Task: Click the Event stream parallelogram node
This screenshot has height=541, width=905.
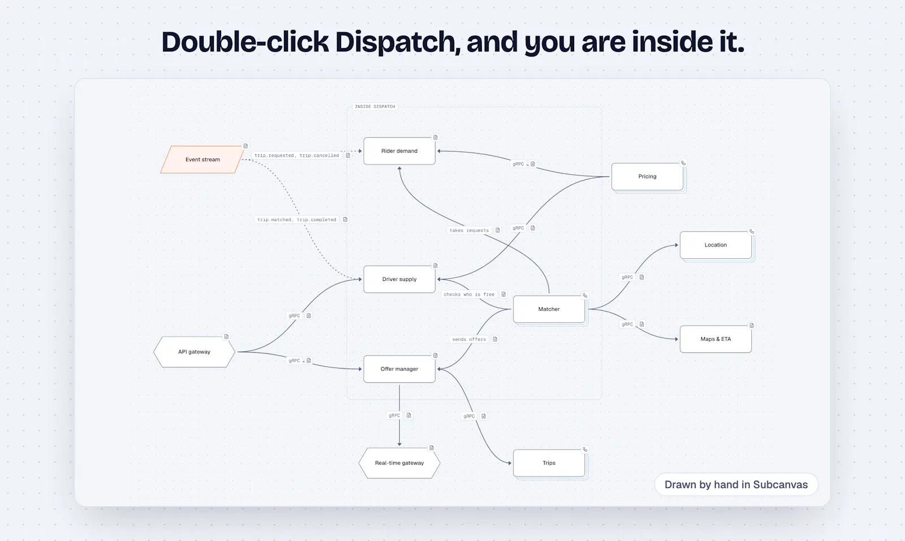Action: coord(202,159)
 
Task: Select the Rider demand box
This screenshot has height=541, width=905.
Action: coord(399,151)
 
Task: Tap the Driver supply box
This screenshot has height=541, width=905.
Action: coord(399,279)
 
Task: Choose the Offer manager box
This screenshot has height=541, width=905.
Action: coord(399,369)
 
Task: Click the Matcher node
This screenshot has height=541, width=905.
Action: coord(549,309)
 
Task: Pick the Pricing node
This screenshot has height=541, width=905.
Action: coord(647,176)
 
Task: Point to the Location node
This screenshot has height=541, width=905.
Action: coord(716,245)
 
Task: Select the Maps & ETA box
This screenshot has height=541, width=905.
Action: coord(716,339)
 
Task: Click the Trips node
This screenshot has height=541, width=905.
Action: coord(549,463)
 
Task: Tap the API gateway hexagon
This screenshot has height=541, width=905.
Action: coord(195,352)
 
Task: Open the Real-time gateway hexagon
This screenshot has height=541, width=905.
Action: coord(399,463)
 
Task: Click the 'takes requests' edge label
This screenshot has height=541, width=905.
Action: coord(469,230)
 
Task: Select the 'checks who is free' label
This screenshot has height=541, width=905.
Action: coord(469,295)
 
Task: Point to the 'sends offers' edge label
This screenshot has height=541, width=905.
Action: coord(469,339)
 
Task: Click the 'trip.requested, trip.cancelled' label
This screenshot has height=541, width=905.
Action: coord(296,155)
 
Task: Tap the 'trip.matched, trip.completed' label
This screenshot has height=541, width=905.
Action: coord(296,220)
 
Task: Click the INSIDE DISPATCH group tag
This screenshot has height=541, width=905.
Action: coord(375,107)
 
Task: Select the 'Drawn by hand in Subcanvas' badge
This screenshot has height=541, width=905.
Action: coord(736,484)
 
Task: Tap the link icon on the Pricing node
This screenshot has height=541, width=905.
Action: coord(683,163)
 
